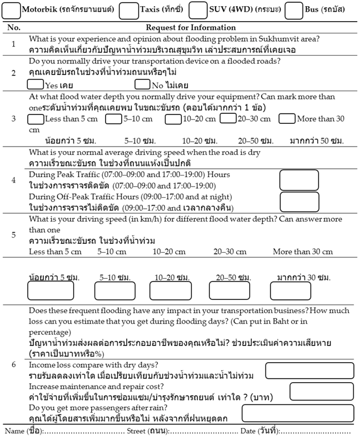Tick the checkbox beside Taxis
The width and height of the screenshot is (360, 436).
click(129, 10)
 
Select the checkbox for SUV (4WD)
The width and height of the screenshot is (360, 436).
click(198, 10)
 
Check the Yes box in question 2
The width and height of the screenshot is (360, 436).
click(36, 85)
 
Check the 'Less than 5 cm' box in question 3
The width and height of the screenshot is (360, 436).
click(36, 118)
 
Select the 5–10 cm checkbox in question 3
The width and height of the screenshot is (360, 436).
click(114, 118)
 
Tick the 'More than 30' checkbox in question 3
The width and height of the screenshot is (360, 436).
click(287, 118)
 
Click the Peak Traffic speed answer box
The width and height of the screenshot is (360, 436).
click(299, 180)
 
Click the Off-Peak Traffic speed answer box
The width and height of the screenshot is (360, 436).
click(299, 201)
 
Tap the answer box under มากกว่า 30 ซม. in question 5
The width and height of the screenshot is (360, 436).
click(289, 290)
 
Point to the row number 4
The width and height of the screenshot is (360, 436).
click(14, 180)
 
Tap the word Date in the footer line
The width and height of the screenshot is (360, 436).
click(248, 430)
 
